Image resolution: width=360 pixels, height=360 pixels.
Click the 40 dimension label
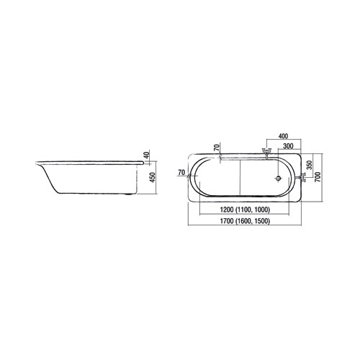tap(148, 154)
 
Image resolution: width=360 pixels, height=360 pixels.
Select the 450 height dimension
tap(153, 177)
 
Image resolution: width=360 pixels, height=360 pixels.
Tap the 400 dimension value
tap(283, 136)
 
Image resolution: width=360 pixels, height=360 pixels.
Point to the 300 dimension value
tap(288, 146)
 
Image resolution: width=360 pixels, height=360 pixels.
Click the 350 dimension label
tap(310, 165)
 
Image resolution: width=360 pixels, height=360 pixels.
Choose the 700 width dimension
tap(318, 177)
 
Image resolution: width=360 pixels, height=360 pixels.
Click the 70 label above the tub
tap(217, 148)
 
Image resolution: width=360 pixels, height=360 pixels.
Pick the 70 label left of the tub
tap(181, 172)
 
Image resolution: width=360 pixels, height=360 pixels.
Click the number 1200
tap(227, 210)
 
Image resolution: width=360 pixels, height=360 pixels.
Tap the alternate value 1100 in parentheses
tap(243, 210)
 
